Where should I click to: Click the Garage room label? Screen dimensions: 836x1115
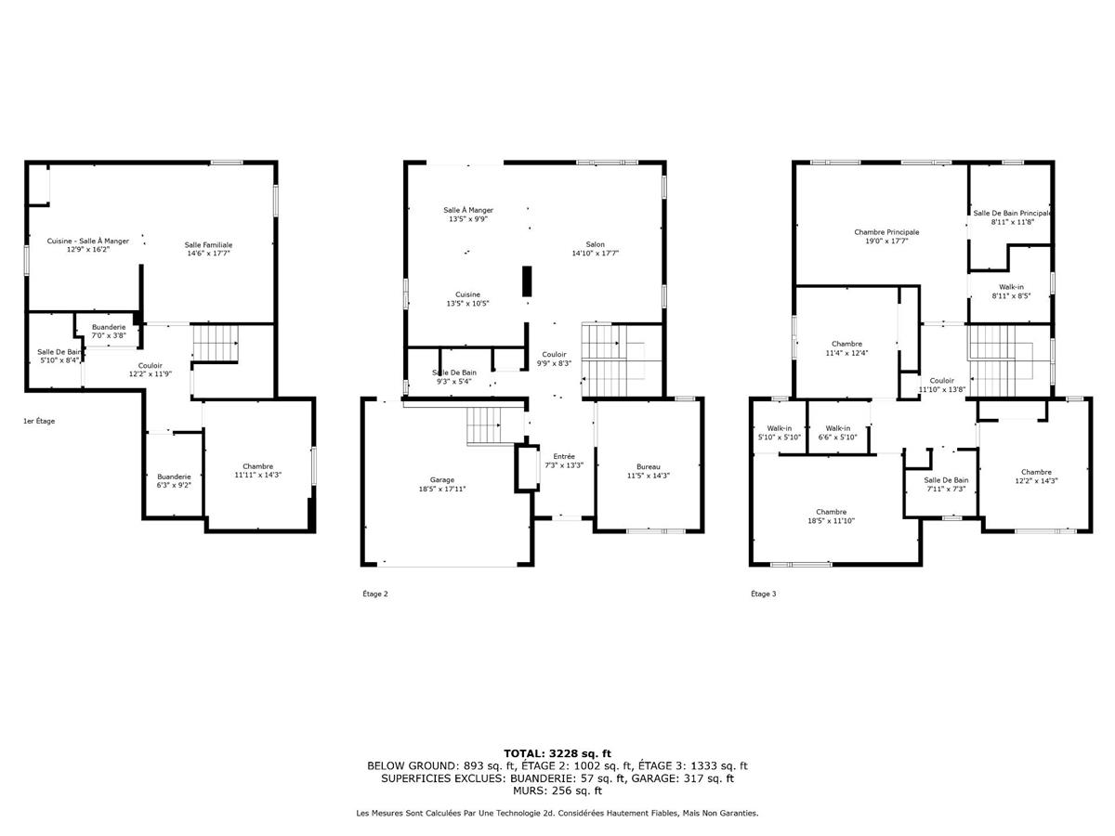tap(441, 483)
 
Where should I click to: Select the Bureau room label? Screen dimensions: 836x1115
tap(649, 471)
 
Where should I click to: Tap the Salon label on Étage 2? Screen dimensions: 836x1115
tap(595, 248)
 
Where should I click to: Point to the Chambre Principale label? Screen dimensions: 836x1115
tap(886, 237)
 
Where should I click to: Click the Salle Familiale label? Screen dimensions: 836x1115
tap(208, 249)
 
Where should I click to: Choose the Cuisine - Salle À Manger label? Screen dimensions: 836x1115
tap(88, 245)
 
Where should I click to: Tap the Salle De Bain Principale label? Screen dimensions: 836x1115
tap(1011, 217)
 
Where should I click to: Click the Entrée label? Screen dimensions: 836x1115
tap(564, 461)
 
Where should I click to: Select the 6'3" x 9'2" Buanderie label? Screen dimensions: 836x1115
tap(174, 480)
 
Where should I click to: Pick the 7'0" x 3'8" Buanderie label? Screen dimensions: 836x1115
tap(109, 331)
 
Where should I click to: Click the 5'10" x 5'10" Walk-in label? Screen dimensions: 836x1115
tap(779, 433)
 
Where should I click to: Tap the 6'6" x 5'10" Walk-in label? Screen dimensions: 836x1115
tap(838, 433)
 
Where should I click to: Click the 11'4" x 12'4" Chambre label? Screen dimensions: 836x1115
tap(846, 347)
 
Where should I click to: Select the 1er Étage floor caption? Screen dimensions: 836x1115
tap(39, 421)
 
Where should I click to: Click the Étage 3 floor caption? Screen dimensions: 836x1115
tap(763, 594)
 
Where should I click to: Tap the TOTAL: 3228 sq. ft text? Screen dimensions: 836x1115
tap(557, 753)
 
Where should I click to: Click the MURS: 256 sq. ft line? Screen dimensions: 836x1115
tap(557, 790)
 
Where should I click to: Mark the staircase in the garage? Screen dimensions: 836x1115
tap(484, 427)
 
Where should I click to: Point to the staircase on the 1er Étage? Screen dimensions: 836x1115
tap(215, 342)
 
